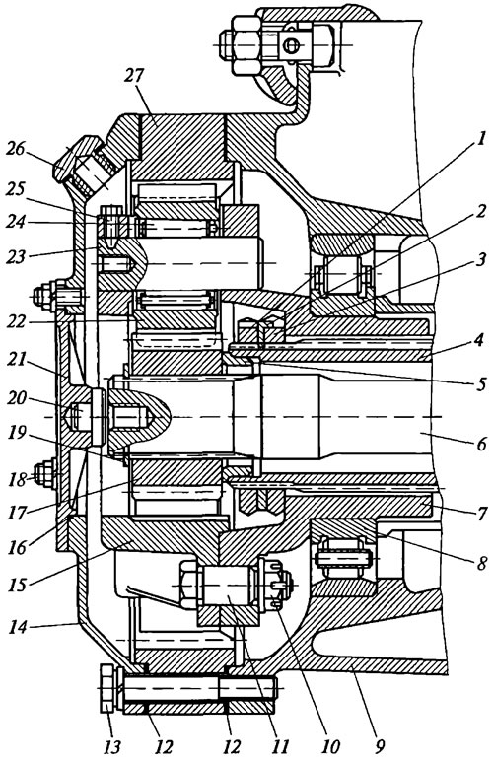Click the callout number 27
coord(133,75)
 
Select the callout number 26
coord(15,149)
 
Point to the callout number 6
coord(481,444)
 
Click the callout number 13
coord(111,746)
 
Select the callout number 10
coord(330,746)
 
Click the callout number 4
coord(479,340)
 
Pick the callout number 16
coord(18,547)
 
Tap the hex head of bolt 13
coord(107,689)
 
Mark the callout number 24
coord(16,222)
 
